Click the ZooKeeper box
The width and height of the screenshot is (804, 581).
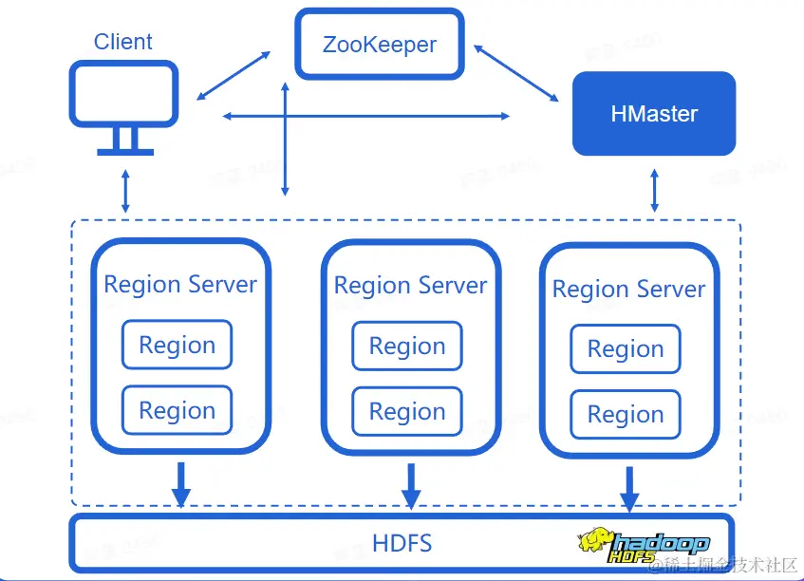(380, 44)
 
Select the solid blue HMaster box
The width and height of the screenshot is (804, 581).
(654, 114)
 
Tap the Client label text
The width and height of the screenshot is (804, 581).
(123, 42)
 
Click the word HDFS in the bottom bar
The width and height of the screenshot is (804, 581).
(402, 544)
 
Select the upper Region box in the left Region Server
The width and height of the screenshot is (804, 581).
(177, 346)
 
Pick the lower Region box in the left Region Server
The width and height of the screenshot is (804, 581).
(177, 411)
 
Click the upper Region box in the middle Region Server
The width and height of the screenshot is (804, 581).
(407, 347)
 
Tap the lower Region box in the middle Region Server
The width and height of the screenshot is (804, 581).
(407, 412)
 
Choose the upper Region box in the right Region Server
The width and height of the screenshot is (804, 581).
(626, 349)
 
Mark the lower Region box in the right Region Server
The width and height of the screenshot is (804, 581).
(626, 415)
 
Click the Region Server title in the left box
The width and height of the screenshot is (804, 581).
(180, 284)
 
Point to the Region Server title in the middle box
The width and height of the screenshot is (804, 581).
(410, 285)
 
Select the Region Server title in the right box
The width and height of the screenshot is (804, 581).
(628, 289)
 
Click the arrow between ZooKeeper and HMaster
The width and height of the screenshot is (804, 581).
(516, 71)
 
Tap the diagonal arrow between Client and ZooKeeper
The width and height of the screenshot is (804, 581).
(234, 75)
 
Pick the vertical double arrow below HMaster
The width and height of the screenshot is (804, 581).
(654, 191)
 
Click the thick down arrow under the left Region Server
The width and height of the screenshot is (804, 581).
(180, 484)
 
